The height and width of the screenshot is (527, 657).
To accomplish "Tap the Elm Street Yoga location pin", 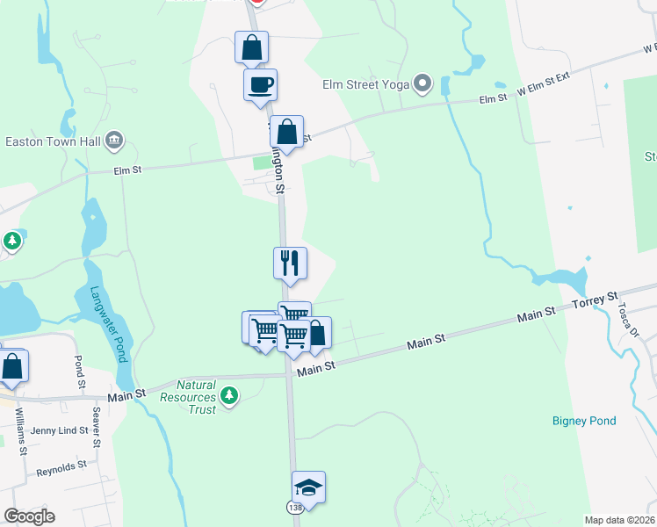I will (x=422, y=85).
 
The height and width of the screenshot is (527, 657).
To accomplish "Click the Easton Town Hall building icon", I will (x=112, y=141).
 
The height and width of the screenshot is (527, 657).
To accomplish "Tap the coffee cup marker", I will (x=260, y=85).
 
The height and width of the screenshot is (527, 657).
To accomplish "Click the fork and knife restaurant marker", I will (x=290, y=263).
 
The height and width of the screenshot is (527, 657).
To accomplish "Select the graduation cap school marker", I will (x=308, y=487).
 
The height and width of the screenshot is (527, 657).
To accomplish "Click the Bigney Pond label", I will (x=584, y=422).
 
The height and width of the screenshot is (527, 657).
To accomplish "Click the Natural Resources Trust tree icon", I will (x=229, y=397).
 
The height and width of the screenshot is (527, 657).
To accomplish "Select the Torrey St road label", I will (x=596, y=301).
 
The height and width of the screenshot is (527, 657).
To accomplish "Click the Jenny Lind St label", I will (x=59, y=430).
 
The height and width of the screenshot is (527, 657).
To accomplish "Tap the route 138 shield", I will (x=293, y=509).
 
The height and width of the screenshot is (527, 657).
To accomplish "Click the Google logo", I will (x=29, y=516).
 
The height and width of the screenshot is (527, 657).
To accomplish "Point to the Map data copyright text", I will (x=618, y=520).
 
